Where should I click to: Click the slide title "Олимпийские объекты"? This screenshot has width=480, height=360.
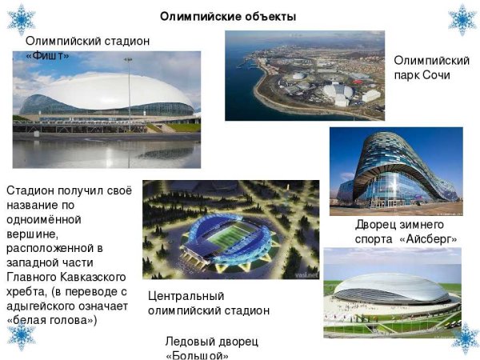coord(228,16)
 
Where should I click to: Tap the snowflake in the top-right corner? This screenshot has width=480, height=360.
coord(462,19)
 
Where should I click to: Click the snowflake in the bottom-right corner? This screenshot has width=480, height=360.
coord(464,338)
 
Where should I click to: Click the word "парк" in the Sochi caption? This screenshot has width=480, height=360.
coord(409,75)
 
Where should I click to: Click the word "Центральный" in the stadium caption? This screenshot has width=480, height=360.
coord(185,295)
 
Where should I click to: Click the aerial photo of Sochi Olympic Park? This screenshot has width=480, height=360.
coord(304,76)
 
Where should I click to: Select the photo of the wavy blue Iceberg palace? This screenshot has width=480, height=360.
coord(396,172)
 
